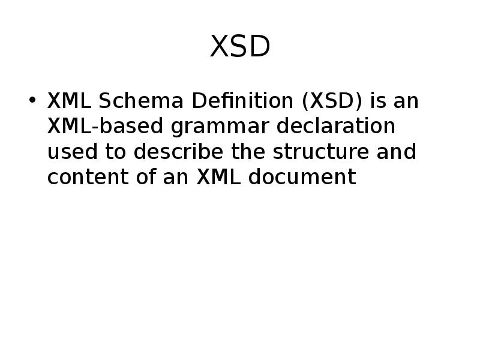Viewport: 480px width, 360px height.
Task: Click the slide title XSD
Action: point(240,47)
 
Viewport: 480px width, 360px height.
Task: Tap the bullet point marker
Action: point(32,100)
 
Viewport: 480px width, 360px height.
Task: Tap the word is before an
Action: point(378,101)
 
